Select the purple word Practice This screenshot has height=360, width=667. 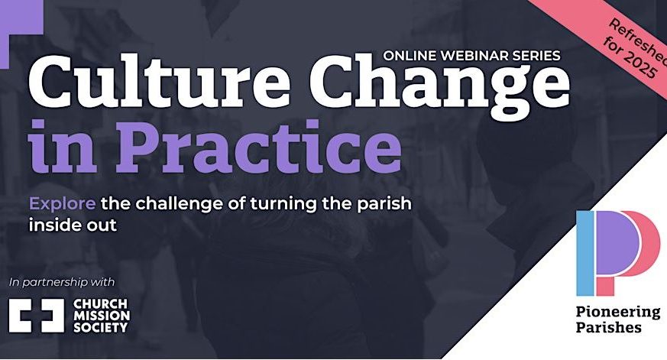tap(260, 147)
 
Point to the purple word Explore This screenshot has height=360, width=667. tap(62, 203)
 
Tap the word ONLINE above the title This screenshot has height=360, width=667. tap(410, 55)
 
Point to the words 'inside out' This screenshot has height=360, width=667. tap(73, 225)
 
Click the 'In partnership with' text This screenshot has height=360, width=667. tap(62, 282)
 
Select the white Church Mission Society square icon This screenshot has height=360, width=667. tap(37, 316)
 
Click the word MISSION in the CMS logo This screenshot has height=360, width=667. tap(102, 316)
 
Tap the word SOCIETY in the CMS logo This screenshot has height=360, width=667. tap(100, 328)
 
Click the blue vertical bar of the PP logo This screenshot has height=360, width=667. tap(585, 253)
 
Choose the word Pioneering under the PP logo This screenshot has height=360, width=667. tap(618, 313)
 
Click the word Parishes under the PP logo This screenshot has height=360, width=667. tap(609, 328)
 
